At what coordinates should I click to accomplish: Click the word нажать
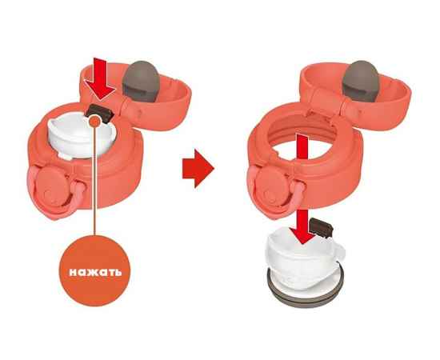pos(95,271)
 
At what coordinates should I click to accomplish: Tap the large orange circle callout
pos(95,270)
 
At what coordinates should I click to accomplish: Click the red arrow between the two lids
pos(198,168)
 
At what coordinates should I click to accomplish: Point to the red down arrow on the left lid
pos(101,78)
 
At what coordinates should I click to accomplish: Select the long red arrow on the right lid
pos(302,188)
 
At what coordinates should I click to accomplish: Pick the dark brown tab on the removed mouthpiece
pos(321,226)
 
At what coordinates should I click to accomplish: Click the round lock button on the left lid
pos(53,187)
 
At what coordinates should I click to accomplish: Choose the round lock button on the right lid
pos(273,187)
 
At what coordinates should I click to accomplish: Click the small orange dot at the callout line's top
pos(95,122)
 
